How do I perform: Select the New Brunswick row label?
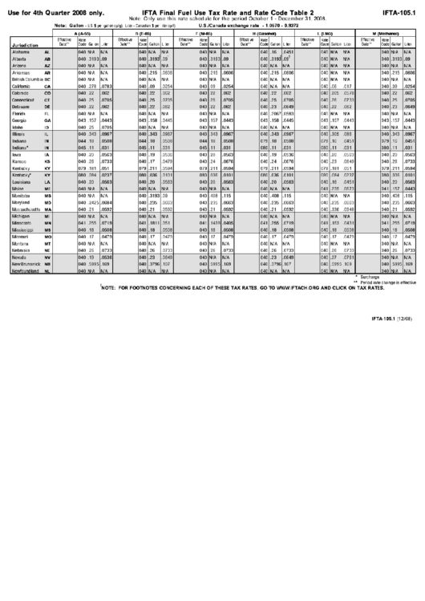pos(30,264)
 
